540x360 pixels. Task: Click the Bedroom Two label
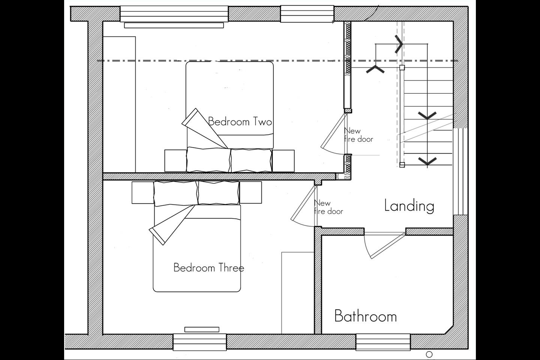(x=240, y=121)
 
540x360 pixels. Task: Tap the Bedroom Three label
(x=209, y=268)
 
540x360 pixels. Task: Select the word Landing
(x=409, y=206)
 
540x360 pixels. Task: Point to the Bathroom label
(x=366, y=316)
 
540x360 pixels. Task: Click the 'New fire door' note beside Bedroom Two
(x=358, y=135)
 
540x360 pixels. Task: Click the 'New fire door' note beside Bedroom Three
(x=328, y=207)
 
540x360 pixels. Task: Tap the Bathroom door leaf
(x=388, y=246)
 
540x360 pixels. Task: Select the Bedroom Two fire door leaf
(x=334, y=131)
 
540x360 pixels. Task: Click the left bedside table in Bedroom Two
(x=176, y=161)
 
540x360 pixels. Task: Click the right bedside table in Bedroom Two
(x=283, y=161)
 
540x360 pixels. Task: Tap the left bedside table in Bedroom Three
(x=143, y=192)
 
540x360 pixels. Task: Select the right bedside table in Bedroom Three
(x=251, y=192)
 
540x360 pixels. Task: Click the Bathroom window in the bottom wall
(x=383, y=342)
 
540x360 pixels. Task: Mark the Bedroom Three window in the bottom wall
(x=200, y=342)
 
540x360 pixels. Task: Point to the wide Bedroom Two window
(x=174, y=14)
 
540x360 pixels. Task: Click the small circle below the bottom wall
(x=429, y=354)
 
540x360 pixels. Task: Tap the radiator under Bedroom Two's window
(x=174, y=25)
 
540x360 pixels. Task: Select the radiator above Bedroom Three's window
(x=202, y=329)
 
